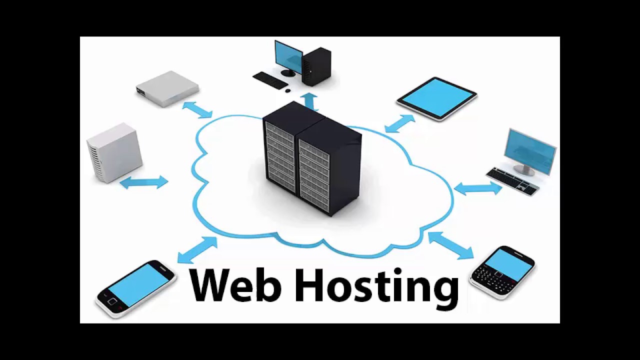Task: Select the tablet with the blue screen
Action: [437, 97]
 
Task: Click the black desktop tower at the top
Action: [316, 66]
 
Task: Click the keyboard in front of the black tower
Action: [270, 80]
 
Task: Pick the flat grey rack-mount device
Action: [167, 88]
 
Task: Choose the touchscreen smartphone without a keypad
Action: [135, 288]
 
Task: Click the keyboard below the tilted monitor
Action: [513, 181]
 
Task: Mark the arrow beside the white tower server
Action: [144, 182]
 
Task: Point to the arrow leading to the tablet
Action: [400, 123]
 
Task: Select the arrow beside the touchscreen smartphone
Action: [197, 249]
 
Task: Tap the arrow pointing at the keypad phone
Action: [450, 245]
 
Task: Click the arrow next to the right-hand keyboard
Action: [477, 188]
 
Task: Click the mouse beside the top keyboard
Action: [287, 90]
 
